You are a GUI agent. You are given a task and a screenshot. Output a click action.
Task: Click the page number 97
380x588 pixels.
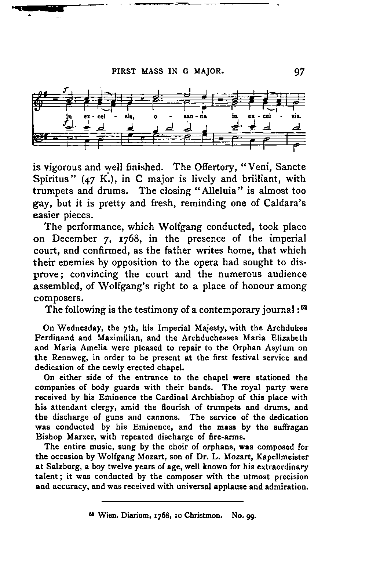point(299,71)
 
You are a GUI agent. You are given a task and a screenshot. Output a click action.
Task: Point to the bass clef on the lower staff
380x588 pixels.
point(38,138)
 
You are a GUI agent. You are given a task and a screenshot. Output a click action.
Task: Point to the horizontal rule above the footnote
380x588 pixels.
point(172,502)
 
